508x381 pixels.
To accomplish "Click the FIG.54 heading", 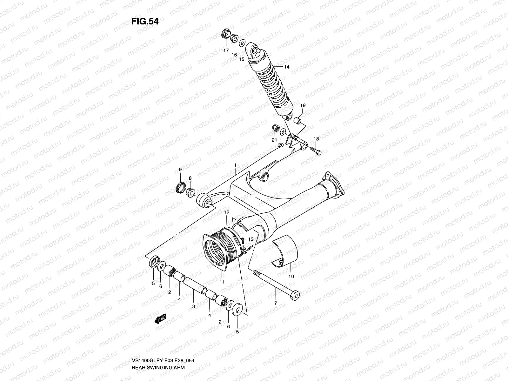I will point(145,22).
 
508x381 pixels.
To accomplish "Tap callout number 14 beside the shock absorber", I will point(287,67).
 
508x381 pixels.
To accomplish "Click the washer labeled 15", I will point(242,43).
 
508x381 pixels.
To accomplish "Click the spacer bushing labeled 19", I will point(298,121).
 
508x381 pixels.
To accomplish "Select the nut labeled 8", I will point(190,192).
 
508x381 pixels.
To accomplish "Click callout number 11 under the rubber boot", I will point(222,282).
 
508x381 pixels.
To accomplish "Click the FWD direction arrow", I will point(160,319).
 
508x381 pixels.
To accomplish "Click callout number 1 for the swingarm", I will point(235,165).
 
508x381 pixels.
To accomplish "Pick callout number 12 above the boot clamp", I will point(226,212).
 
